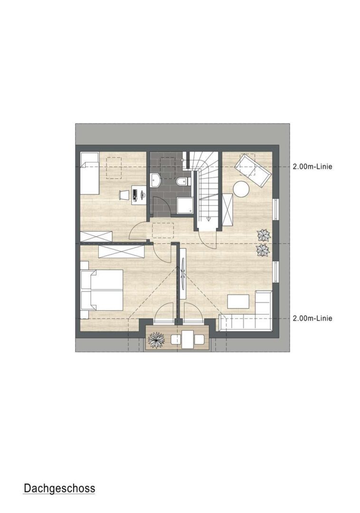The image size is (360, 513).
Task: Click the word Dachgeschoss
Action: [x=59, y=488]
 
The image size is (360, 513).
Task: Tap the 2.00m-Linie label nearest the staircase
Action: [x=313, y=167]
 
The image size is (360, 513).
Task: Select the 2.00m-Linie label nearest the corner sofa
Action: [x=313, y=318]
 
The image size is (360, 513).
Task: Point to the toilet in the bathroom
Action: [x=181, y=181]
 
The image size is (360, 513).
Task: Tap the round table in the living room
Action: [x=241, y=189]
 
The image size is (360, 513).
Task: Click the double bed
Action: [x=101, y=290]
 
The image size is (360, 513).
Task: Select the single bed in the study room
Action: [x=90, y=173]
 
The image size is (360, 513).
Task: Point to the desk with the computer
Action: [x=139, y=195]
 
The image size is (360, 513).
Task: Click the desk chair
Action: [x=124, y=195]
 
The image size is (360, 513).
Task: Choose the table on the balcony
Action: [x=187, y=340]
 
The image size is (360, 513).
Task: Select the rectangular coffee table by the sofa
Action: [x=238, y=301]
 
